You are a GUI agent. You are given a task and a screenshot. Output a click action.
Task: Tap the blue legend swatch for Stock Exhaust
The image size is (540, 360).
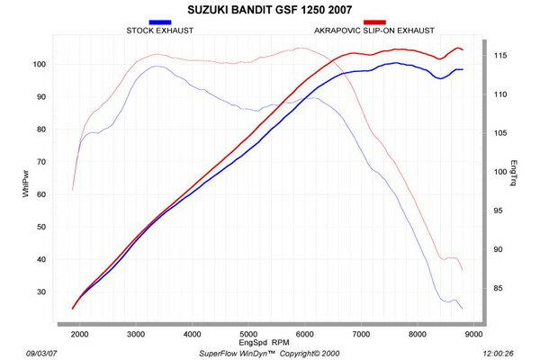pos(160,21)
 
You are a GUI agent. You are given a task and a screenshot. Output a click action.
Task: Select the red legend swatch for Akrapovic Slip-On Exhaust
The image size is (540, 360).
pos(375,21)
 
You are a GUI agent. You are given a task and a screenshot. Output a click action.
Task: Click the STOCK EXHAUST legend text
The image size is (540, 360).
pos(159,30)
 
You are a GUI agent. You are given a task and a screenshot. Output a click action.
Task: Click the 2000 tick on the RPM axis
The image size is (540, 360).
pos(79,335)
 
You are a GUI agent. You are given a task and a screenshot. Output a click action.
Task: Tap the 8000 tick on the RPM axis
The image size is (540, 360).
pos(417,335)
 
